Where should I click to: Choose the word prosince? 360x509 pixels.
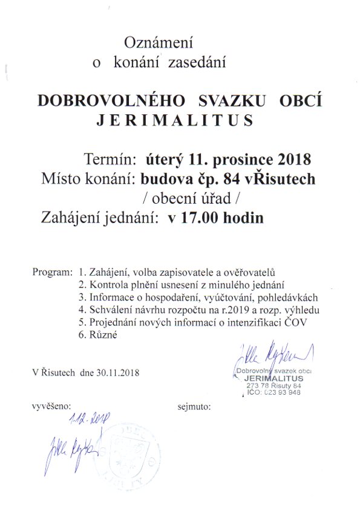(238, 160)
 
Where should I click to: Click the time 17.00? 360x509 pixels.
(202, 218)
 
